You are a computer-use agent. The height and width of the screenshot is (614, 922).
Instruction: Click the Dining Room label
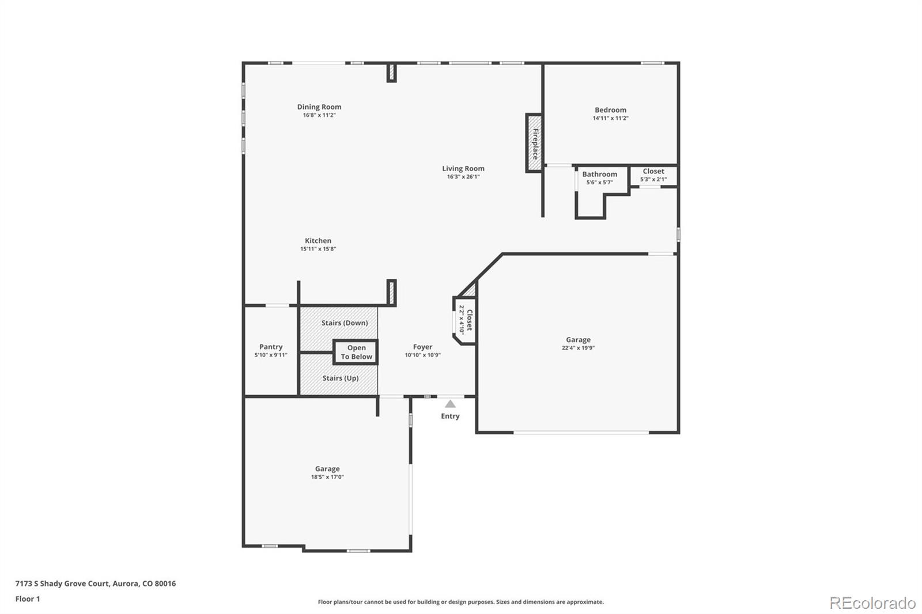click(319, 107)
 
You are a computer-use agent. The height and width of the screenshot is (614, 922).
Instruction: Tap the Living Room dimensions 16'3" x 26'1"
click(463, 177)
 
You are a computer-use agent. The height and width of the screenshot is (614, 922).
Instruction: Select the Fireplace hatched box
click(534, 143)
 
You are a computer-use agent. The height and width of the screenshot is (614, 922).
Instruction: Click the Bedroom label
click(610, 110)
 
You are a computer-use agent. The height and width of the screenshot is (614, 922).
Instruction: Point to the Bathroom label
click(599, 175)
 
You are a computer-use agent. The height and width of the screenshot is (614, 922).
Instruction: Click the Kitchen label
click(318, 241)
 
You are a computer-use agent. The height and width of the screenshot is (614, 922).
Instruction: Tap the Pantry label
click(271, 347)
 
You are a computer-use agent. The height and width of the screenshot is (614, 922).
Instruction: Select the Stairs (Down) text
click(345, 323)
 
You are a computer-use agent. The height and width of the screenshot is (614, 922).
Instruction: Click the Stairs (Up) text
click(341, 378)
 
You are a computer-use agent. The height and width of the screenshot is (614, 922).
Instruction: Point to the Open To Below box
click(356, 353)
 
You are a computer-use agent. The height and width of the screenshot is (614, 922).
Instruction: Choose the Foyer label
click(423, 347)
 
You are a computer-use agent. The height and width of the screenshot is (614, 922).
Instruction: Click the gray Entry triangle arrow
click(450, 404)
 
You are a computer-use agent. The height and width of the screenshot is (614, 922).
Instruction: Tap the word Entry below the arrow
click(450, 416)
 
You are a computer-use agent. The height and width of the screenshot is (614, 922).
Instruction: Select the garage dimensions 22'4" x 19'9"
click(579, 348)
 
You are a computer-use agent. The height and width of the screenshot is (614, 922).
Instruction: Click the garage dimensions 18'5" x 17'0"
click(327, 477)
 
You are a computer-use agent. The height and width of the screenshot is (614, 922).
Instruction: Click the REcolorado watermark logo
click(872, 603)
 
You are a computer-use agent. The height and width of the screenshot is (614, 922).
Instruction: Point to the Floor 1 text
click(28, 599)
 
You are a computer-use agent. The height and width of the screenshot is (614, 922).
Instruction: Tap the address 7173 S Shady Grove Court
click(62, 583)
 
